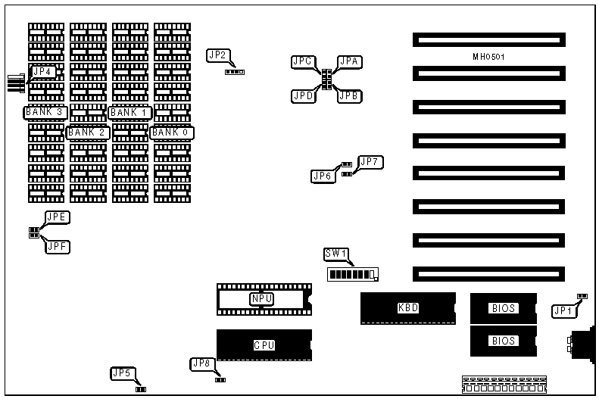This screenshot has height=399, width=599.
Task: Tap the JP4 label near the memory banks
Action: click(x=43, y=72)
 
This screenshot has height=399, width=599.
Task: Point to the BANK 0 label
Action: click(x=172, y=133)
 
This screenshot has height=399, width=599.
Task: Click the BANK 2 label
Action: click(x=88, y=133)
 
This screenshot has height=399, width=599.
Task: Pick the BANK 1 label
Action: click(x=130, y=113)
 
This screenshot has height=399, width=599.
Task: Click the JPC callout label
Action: click(x=304, y=61)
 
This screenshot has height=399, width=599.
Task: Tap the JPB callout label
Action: click(x=349, y=96)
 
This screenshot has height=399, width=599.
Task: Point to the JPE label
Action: click(x=58, y=217)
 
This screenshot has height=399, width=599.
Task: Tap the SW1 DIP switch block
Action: click(x=353, y=273)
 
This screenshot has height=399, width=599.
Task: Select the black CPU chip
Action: click(x=264, y=344)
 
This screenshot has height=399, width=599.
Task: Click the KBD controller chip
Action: click(x=407, y=308)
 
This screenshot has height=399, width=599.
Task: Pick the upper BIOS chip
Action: click(x=503, y=308)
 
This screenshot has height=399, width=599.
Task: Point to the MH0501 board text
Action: click(x=489, y=58)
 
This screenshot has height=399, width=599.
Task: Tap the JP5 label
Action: click(x=123, y=373)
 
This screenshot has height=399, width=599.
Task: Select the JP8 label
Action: click(x=201, y=363)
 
